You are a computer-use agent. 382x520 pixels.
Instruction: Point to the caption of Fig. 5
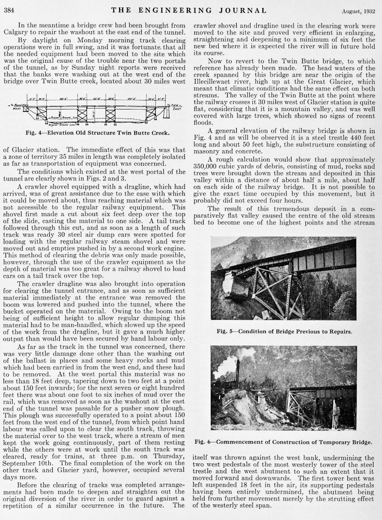[284, 332]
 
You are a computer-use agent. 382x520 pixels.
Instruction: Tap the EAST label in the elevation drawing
[176, 109]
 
